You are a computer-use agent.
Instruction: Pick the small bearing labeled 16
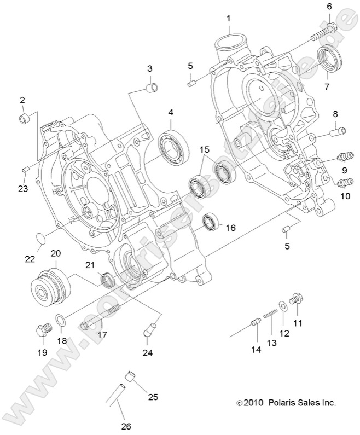pyautogui.click(x=211, y=222)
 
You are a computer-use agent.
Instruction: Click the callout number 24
pyautogui.click(x=147, y=353)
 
